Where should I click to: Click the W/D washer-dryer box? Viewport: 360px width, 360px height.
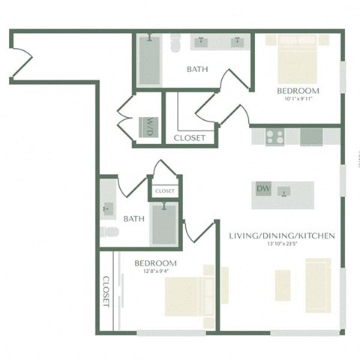(x=148, y=127)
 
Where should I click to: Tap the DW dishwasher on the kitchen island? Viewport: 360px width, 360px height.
(x=263, y=188)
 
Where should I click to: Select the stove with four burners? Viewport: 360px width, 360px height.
(x=275, y=136)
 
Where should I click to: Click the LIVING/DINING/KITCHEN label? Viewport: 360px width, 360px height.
(x=281, y=235)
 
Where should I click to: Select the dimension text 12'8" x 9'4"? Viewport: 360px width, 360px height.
(x=154, y=272)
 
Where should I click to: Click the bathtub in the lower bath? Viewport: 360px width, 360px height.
(x=164, y=223)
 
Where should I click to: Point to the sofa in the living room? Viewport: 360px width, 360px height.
(x=318, y=284)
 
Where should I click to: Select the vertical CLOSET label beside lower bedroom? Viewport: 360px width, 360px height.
(x=105, y=292)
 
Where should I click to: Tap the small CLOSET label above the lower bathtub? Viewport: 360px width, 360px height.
(x=164, y=191)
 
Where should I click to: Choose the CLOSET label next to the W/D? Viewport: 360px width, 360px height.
(x=189, y=137)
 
